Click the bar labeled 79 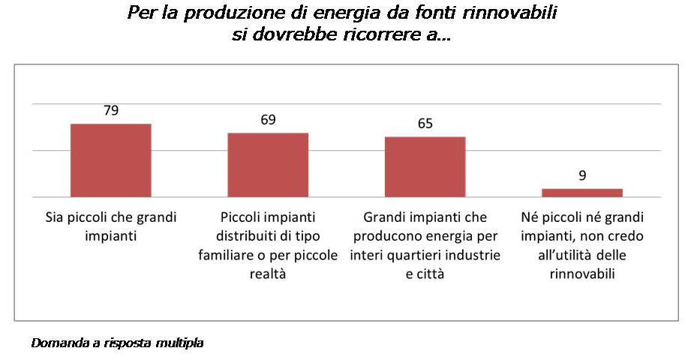(111, 160)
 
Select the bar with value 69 (268, 165)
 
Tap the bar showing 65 (425, 167)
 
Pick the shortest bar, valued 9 (582, 193)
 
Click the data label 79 (111, 110)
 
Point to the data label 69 (268, 120)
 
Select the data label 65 (425, 124)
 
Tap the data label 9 (582, 175)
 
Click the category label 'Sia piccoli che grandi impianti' (111, 226)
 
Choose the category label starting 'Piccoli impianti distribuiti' (268, 245)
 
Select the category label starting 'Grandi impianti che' (425, 245)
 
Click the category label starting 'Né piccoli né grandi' (582, 245)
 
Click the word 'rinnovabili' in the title (509, 12)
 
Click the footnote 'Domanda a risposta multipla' (117, 343)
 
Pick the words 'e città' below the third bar (425, 274)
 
